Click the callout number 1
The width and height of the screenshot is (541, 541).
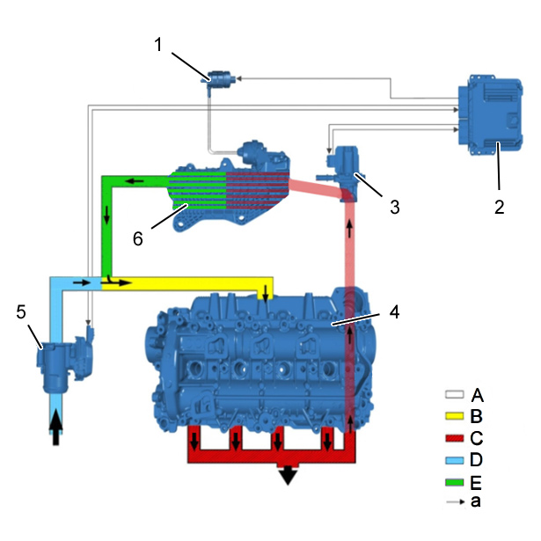(158, 45)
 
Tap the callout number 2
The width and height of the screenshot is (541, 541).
(500, 207)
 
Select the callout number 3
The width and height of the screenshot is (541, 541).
(395, 207)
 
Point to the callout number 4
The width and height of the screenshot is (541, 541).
(394, 311)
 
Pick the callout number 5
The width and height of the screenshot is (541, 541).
(21, 312)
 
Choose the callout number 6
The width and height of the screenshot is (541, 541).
(137, 238)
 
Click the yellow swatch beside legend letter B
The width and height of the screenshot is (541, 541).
(454, 416)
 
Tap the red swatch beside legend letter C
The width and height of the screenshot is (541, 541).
(454, 438)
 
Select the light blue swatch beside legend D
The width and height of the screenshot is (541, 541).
(454, 460)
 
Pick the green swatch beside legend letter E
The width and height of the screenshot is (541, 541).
(454, 482)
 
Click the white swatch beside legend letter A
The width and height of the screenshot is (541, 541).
(454, 394)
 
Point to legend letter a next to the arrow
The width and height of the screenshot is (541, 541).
(475, 501)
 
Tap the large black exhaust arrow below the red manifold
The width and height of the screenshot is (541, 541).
(288, 475)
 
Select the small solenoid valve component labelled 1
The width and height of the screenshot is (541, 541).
(218, 81)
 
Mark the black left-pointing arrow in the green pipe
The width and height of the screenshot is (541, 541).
(135, 180)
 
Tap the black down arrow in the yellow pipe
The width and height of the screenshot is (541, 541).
(265, 293)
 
